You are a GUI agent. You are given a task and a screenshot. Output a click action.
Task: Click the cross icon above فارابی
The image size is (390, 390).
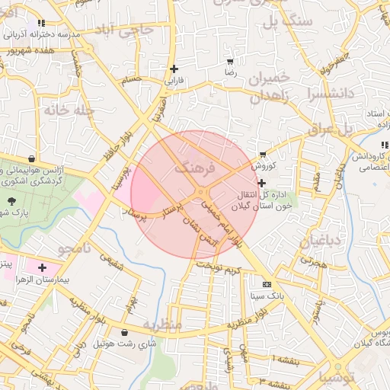click(x=174, y=69)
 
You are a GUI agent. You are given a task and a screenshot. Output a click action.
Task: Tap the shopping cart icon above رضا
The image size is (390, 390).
click(x=230, y=61)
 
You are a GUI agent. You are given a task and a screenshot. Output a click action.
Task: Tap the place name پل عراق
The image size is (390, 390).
click(x=332, y=129)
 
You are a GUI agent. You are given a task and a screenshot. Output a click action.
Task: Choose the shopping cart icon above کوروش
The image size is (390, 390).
click(x=263, y=155)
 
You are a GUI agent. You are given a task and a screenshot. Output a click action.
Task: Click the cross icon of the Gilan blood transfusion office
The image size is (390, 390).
click(x=263, y=183)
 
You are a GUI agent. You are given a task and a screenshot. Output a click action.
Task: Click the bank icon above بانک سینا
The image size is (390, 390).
click(x=266, y=284)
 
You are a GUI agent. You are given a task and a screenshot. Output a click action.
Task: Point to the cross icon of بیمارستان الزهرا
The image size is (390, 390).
click(x=42, y=268)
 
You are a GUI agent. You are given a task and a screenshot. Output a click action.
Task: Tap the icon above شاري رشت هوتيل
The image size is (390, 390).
click(x=124, y=332)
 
